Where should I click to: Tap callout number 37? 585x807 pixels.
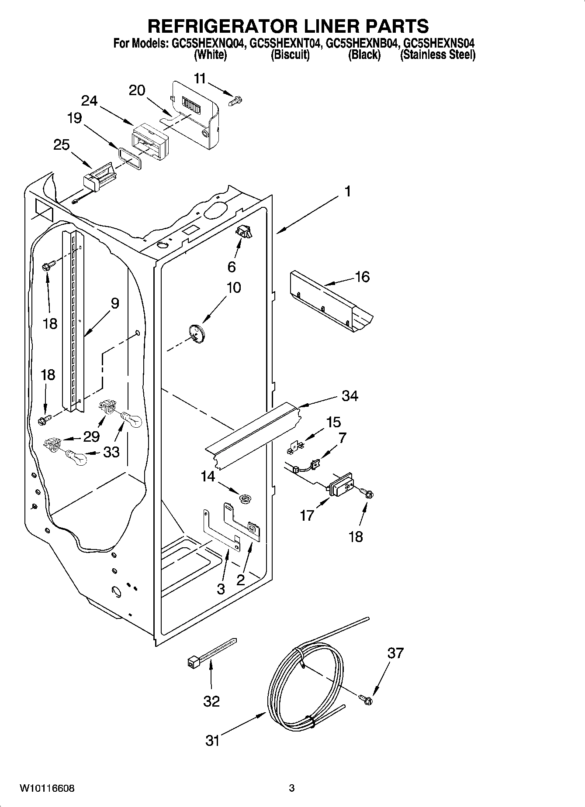pos(395,653)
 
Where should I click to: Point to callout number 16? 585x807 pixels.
pos(363,277)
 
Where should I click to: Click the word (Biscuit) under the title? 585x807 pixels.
pos(290,55)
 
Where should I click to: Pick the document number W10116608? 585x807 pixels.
pos(47,788)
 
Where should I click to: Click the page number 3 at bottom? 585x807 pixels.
pos(292,788)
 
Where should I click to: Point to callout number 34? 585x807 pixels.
pos(350,396)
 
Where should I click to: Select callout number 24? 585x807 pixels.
pos(90,101)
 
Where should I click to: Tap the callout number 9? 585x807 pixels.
pos(114,303)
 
